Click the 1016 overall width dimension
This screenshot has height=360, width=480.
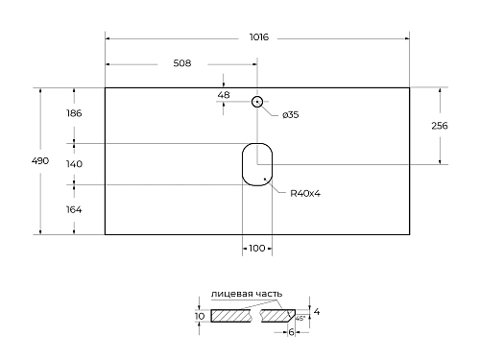pyautogui.click(x=257, y=37)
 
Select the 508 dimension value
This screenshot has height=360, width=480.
pyautogui.click(x=181, y=63)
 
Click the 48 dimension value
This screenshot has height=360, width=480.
pyautogui.click(x=224, y=95)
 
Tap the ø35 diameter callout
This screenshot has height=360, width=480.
pyautogui.click(x=291, y=115)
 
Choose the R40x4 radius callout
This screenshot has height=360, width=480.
pyautogui.click(x=304, y=193)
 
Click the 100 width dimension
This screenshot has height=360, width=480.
pyautogui.click(x=256, y=249)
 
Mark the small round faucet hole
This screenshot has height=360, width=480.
pyautogui.click(x=256, y=102)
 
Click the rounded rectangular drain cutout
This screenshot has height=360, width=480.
pyautogui.click(x=256, y=163)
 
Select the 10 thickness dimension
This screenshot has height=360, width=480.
pyautogui.click(x=199, y=316)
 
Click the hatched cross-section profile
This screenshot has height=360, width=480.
pyautogui.click(x=240, y=316)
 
